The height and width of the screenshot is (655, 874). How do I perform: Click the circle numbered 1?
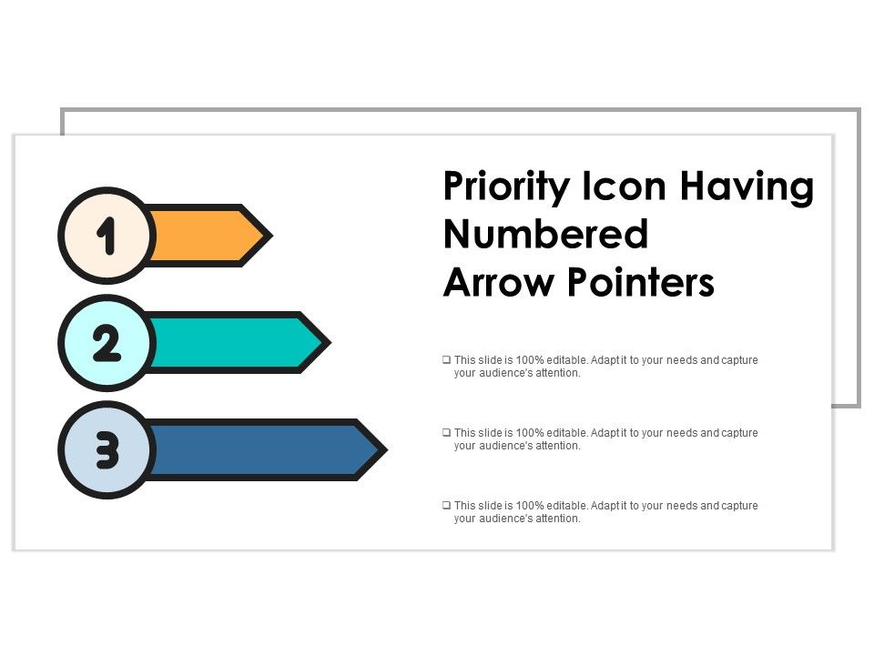click(107, 236)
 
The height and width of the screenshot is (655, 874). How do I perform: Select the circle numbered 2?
click(107, 343)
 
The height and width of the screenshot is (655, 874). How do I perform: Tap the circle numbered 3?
click(107, 449)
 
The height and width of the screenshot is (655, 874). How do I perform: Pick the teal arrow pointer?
click(228, 343)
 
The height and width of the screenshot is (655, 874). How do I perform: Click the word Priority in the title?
click(503, 188)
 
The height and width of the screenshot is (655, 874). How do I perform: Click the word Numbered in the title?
click(545, 235)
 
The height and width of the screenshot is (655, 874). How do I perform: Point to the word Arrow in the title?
click(499, 284)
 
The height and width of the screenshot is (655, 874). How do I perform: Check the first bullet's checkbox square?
click(446, 360)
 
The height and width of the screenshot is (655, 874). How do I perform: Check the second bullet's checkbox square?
click(446, 433)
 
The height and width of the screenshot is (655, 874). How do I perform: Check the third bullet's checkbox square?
click(446, 506)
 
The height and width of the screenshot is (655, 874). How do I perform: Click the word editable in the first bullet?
click(569, 360)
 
